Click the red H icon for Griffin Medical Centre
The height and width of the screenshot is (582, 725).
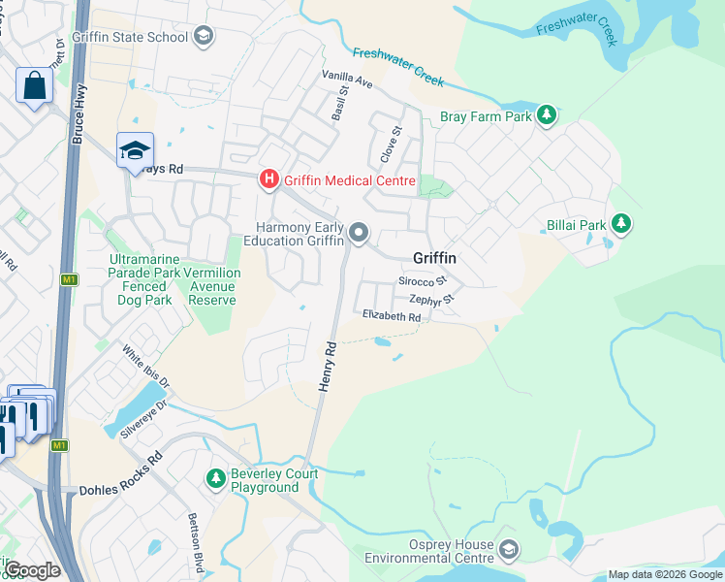coord(268,180)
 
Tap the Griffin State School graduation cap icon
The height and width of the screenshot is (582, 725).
coord(203,38)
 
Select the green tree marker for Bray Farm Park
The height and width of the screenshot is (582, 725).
coord(547,116)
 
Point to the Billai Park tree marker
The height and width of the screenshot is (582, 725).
coord(620,225)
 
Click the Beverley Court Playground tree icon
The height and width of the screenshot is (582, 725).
coord(215,479)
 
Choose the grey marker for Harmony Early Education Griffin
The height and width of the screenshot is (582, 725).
coord(360,232)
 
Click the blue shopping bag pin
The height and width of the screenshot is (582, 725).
coord(34,85)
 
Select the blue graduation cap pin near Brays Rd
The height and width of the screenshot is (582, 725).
coord(135,150)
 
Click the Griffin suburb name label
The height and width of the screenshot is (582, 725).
coord(434,258)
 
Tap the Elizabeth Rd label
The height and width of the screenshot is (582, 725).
coord(392,317)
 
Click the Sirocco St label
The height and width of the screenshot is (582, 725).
coord(423,280)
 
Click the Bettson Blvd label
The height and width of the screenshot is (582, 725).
coord(197,541)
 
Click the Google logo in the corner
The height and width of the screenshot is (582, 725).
coord(31,569)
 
